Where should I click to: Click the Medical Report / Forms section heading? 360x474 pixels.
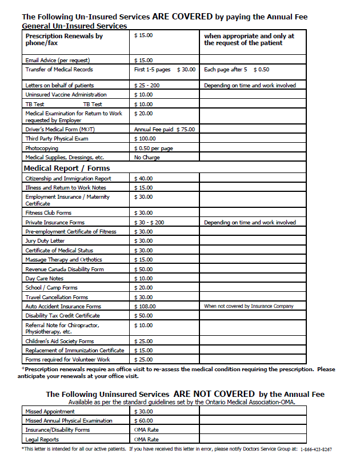pos(67,168)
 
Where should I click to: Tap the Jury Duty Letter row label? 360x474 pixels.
pos(45,241)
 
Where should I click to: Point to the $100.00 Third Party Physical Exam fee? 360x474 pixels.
pos(145,139)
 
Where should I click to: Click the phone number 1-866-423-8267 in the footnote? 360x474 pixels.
pos(316,449)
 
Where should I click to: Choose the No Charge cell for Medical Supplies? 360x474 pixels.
pos(147,157)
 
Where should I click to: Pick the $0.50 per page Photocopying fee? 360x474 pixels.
pos(153,148)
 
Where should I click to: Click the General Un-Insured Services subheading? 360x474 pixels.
pos(74,26)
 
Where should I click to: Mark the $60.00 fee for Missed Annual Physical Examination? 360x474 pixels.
pos(143,420)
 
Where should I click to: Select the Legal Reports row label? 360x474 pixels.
pos(41,439)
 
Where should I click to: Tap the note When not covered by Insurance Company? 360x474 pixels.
pos(249,306)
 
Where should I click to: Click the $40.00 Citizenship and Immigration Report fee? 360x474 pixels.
pos(143,179)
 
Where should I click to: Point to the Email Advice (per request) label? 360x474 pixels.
pos(58,60)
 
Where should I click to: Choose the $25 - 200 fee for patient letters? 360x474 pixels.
pos(147,85)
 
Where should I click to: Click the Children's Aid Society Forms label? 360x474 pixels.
pos(59,341)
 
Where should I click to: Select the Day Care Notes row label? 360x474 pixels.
pos(44,278)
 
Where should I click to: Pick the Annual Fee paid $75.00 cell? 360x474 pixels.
pos(164,130)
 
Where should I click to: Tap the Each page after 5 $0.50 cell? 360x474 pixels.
pos(236,70)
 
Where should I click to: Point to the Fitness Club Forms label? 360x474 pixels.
pos(48,213)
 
